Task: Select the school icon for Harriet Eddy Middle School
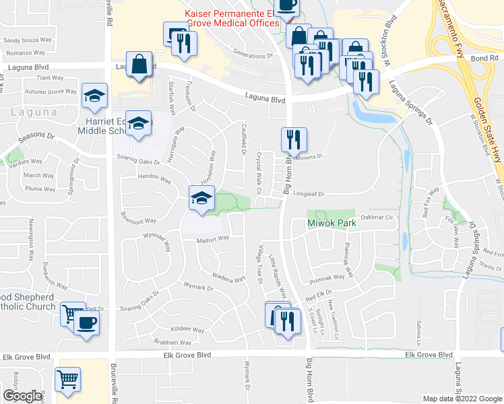pos(138,124)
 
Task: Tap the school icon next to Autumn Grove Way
pos(94,96)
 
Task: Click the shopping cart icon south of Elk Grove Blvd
pos(67,379)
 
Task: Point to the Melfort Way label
pos(213,238)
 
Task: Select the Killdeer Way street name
pos(187,330)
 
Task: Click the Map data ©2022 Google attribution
pos(462,399)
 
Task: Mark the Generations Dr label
pos(251,55)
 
